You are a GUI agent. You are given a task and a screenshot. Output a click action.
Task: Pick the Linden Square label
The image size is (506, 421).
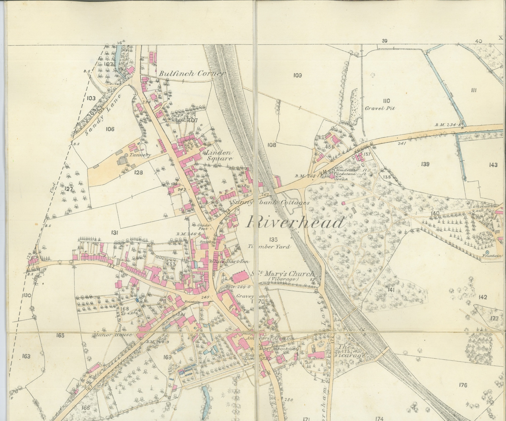tap(219, 156)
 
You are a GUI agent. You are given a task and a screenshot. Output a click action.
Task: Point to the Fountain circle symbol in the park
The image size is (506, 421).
tap(488, 252)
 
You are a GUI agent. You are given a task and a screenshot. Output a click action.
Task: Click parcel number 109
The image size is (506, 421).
tap(298, 75)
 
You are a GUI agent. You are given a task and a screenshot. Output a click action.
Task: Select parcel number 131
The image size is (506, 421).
tap(114, 233)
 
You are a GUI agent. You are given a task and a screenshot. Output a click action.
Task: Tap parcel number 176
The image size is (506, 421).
tap(462, 385)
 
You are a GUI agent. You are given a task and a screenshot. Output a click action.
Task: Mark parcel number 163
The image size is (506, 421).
tap(26, 356)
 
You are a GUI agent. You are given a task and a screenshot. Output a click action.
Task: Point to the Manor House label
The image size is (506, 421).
tap(113, 335)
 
